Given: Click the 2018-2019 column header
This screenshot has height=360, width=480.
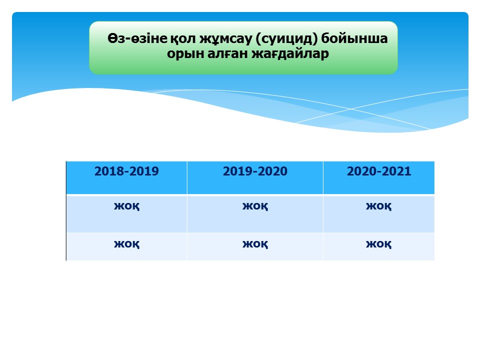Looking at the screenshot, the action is tap(126, 177).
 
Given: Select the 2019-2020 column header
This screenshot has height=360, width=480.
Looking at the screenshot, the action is tap(255, 177).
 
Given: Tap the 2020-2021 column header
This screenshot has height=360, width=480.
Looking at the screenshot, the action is tap(378, 177).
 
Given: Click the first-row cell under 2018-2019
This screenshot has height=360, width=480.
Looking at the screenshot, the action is tap(126, 213).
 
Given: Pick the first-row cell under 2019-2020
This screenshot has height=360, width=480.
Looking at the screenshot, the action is tap(255, 213).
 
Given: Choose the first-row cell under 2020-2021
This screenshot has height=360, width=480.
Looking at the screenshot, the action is tap(378, 213).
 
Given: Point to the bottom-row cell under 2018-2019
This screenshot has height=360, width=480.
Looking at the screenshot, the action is tap(126, 246).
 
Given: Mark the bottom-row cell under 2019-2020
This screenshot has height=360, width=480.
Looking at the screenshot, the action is tap(255, 246).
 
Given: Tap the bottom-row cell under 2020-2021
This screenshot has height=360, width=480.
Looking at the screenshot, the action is tap(378, 246).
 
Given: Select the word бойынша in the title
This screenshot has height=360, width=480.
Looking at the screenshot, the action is tap(354, 38).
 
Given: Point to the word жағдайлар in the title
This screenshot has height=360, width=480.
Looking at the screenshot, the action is tap(290, 54).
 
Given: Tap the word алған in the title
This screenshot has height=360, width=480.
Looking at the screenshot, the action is tap(227, 54).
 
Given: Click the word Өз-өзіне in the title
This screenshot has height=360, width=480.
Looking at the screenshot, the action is tap(137, 38).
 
